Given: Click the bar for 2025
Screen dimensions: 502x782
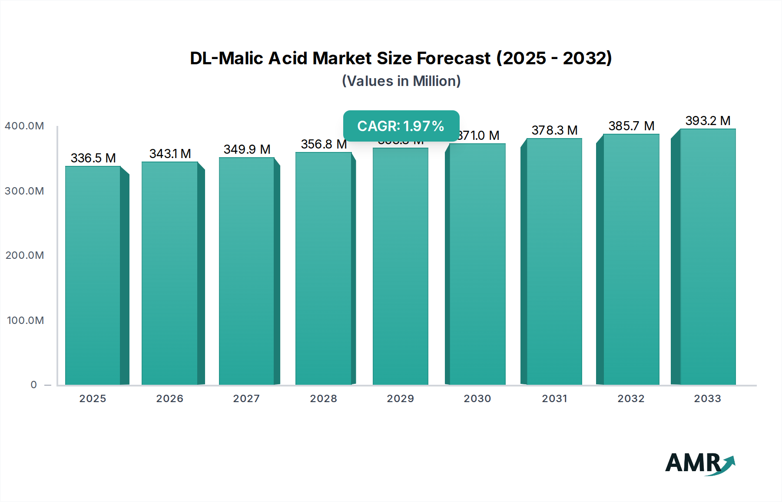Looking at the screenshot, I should (x=93, y=275).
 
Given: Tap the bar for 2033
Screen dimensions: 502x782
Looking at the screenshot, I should (x=708, y=257).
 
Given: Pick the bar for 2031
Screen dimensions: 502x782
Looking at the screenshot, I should (x=554, y=261).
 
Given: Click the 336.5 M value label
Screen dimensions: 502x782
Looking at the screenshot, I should (x=93, y=158).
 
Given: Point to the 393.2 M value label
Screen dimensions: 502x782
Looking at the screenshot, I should (x=708, y=121).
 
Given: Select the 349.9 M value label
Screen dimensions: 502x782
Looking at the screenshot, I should (x=247, y=149).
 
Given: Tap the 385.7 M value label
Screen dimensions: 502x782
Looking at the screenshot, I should (x=631, y=126).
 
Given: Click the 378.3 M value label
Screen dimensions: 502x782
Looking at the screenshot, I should (x=554, y=130).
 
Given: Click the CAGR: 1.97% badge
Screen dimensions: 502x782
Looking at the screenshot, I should (x=401, y=126).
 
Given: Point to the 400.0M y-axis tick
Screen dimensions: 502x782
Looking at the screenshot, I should (x=24, y=126).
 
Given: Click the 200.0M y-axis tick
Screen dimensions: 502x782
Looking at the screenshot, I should (x=24, y=255).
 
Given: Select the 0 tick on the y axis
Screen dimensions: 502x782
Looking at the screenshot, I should (x=33, y=385).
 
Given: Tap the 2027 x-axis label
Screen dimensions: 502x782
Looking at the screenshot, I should (x=246, y=399).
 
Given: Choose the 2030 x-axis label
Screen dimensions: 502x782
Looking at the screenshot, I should (x=477, y=399).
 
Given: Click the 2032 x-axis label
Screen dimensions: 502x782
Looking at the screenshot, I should (x=631, y=399).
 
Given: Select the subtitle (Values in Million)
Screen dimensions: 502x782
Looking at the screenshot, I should (x=401, y=81).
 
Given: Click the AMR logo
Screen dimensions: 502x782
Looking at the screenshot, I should (x=699, y=464).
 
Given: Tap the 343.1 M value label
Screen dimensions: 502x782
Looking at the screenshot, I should (x=170, y=154).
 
